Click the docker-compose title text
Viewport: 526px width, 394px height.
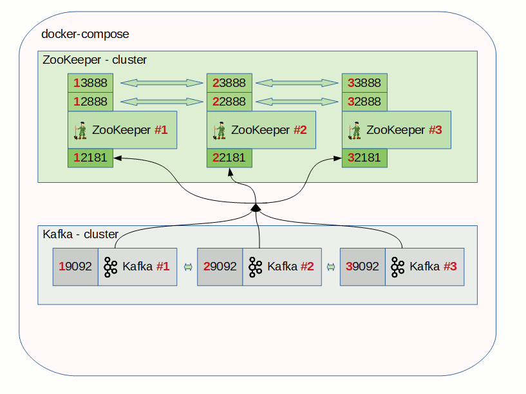click(85, 34)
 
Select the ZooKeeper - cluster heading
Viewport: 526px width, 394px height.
click(95, 60)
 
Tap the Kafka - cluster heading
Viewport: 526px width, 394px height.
click(80, 234)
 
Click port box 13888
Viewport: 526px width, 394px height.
click(91, 83)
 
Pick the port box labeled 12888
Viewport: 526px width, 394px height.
click(91, 102)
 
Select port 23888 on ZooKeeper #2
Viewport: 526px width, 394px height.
click(229, 83)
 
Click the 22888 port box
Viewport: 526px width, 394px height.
click(229, 102)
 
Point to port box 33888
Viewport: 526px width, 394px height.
click(364, 83)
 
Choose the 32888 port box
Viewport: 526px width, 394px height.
click(364, 102)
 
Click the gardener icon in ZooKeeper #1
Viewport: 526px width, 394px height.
click(80, 130)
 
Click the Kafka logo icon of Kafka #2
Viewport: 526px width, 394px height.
click(256, 267)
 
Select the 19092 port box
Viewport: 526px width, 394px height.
click(75, 267)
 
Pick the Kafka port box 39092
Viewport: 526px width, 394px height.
click(362, 267)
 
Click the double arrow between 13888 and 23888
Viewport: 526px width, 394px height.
click(162, 83)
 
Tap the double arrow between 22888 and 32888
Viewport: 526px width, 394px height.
click(297, 102)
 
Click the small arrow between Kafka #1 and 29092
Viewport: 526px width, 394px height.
click(188, 267)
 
